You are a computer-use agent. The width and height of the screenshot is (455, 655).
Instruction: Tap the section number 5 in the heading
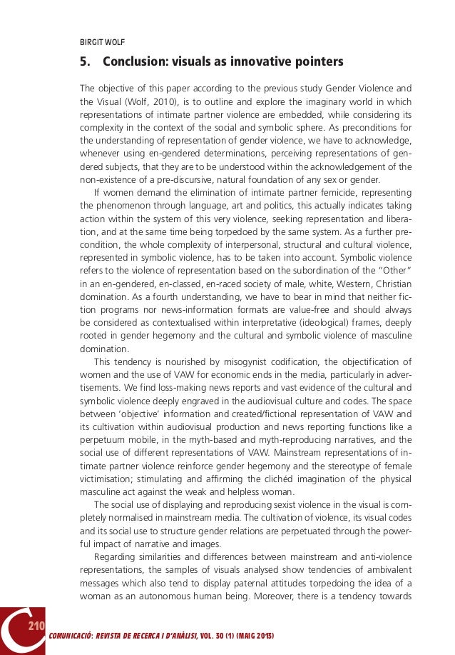pyautogui.click(x=83, y=62)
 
